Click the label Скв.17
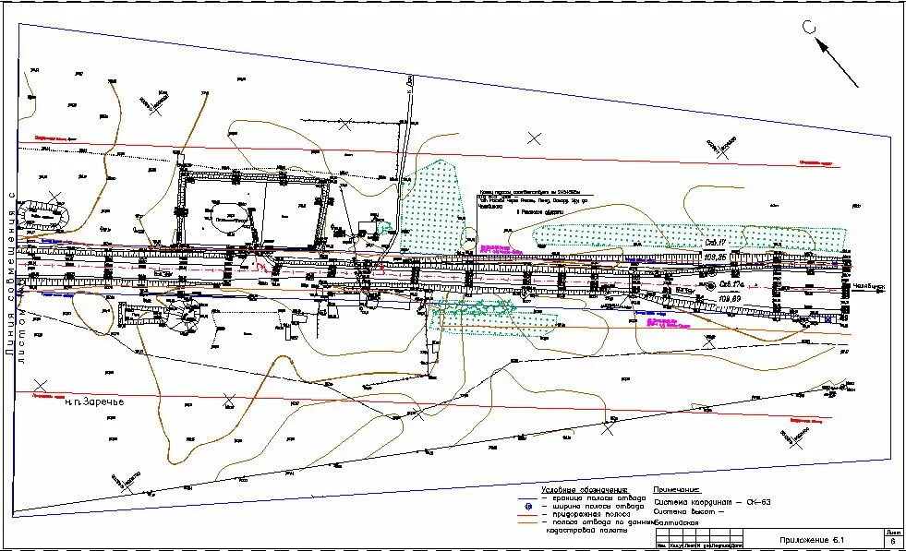pyautogui.click(x=716, y=243)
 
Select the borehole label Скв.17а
pyautogui.click(x=733, y=284)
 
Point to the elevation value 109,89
pyautogui.click(x=731, y=299)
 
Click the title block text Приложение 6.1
pyautogui.click(x=812, y=538)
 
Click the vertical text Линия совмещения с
pyautogui.click(x=12, y=277)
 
